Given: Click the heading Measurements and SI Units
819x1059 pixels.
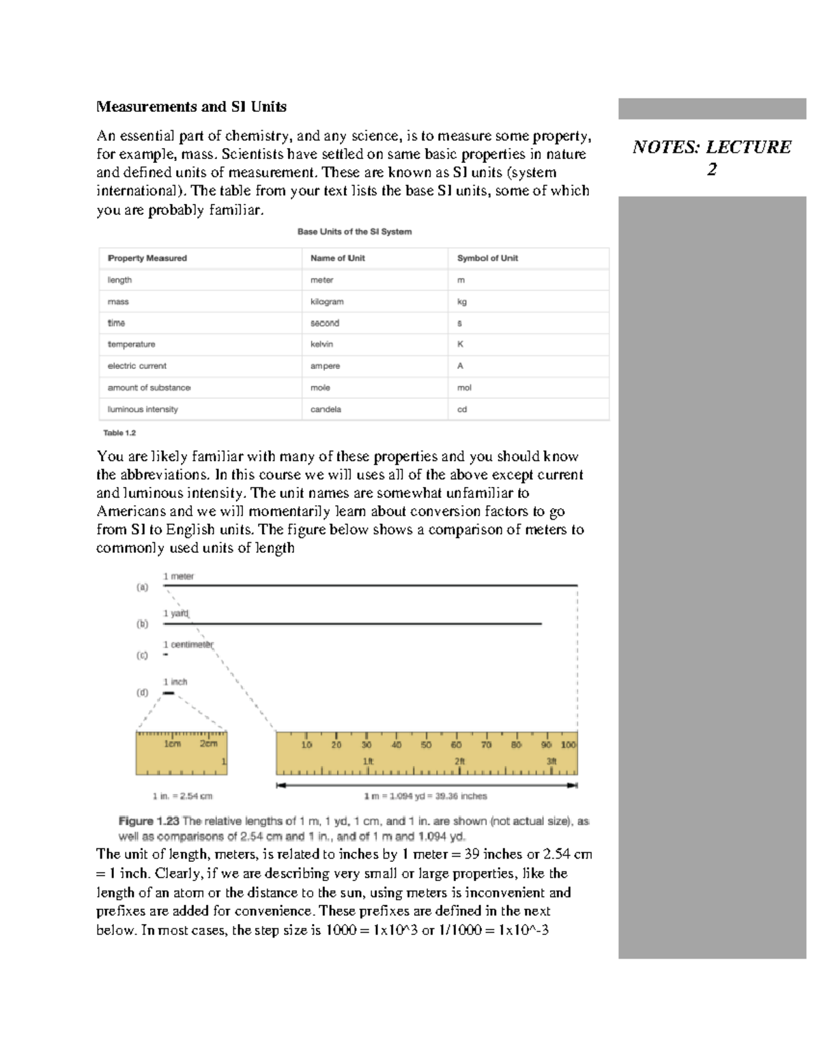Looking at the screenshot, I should coord(191,106).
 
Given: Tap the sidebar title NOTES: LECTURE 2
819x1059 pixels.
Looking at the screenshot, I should coord(712,158).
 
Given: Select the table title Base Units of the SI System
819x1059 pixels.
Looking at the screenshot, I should coord(354,232).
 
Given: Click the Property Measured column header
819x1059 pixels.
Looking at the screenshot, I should coord(147,258).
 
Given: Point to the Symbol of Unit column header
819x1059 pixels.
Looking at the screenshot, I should coord(487,258).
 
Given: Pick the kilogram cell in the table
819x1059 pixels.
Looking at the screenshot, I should coord(327,301).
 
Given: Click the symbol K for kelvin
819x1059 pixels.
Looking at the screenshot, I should coord(460,344).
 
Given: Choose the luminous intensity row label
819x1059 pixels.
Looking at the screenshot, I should coord(143,409).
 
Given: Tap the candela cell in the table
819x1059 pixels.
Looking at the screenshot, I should coord(326,409).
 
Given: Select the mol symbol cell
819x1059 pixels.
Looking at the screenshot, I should coord(464,387).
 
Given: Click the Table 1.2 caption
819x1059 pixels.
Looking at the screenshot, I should coord(119,433).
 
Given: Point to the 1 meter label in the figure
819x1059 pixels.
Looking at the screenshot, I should coord(178,576).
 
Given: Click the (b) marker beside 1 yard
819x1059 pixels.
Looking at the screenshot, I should coord(142,623).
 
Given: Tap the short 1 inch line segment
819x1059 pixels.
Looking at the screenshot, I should coord(168,693).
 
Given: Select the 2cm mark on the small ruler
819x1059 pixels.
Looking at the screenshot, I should coord(208,744).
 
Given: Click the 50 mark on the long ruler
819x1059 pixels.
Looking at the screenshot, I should coord(426,745).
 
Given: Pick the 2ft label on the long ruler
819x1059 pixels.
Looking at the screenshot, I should coord(459,761).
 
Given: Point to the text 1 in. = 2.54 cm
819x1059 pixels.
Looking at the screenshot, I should coord(182,796).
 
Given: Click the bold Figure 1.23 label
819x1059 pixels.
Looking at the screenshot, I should coord(149,821).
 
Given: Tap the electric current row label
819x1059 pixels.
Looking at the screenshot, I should coord(137,366).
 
